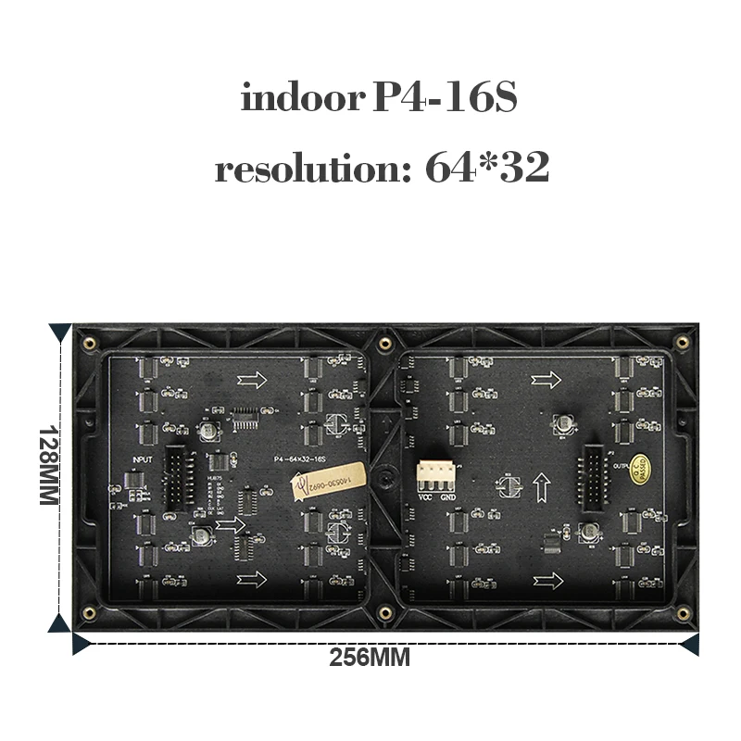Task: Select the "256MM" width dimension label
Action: [x=370, y=659]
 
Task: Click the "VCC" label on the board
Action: [x=426, y=496]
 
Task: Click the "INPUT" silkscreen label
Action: [x=144, y=458]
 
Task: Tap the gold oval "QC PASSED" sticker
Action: [x=640, y=467]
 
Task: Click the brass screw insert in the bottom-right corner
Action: [x=683, y=613]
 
